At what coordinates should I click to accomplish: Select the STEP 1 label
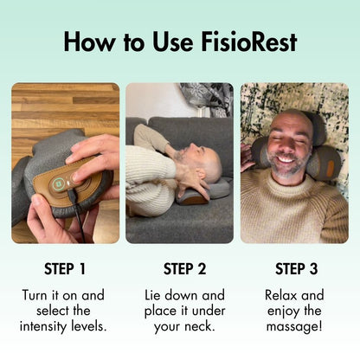point(65,267)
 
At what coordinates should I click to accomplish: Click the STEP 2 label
point(179,267)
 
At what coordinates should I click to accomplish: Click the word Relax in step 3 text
point(286,295)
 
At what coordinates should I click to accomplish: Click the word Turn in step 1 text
point(39,295)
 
